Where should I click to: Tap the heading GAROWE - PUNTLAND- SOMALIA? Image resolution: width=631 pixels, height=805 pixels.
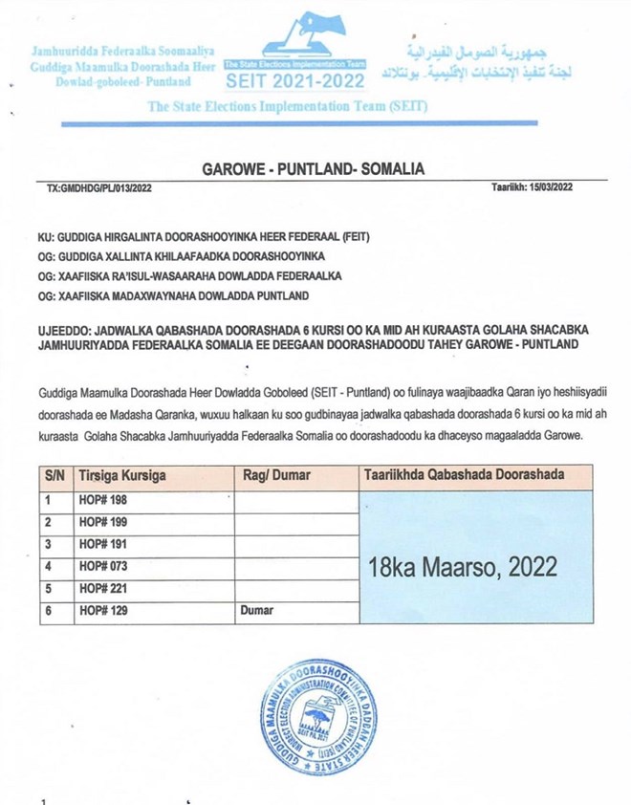(315, 169)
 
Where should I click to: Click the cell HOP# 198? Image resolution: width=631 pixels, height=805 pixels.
(101, 499)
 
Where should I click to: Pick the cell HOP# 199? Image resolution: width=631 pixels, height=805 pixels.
(101, 521)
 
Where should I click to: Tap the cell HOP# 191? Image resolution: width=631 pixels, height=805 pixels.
(101, 543)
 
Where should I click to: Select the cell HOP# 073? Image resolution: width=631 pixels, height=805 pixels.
(101, 566)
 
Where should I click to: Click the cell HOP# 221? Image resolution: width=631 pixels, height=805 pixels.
(101, 588)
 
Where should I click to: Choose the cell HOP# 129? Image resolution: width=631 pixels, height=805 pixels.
(101, 610)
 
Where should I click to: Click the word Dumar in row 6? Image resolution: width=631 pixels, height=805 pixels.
(256, 610)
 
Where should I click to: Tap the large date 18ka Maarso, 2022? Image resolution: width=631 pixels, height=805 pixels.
(462, 566)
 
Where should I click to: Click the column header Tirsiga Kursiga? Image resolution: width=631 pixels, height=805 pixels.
(120, 475)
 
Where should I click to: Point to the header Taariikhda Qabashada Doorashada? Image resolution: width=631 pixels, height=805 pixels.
(463, 474)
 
